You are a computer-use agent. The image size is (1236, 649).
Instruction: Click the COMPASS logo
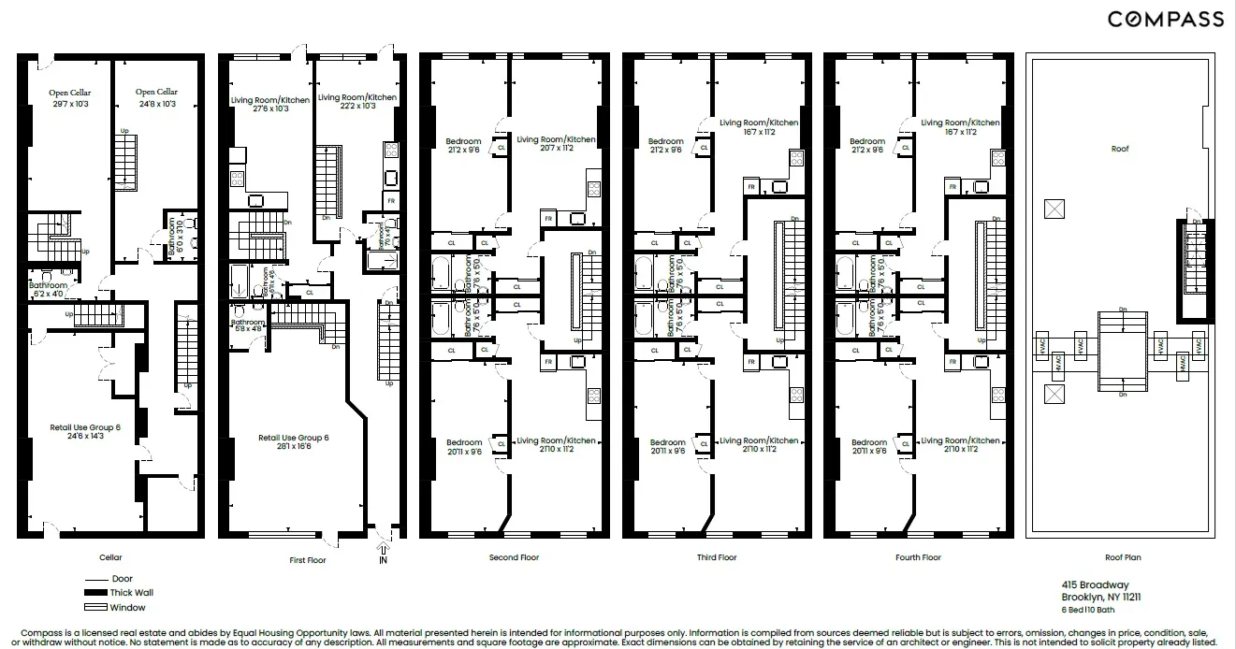point(1165,20)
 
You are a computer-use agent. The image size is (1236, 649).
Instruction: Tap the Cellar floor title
point(110,557)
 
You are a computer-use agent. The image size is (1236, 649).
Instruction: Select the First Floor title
point(312,557)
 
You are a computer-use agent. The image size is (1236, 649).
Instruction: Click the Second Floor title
point(514,557)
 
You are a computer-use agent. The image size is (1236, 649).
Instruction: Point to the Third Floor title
point(716,557)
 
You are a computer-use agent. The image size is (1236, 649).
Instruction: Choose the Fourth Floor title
point(918,557)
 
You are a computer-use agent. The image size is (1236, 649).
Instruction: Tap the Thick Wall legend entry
point(131,592)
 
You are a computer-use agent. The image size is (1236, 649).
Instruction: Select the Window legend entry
point(127,607)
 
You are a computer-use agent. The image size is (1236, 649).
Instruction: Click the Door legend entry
point(122,579)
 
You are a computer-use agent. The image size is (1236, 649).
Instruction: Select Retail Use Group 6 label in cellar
point(85,431)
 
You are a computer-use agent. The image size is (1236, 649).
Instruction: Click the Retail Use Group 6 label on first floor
point(293,441)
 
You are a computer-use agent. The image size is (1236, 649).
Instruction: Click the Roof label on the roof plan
point(1120,149)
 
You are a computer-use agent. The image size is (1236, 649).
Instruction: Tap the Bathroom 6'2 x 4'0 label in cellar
point(48,289)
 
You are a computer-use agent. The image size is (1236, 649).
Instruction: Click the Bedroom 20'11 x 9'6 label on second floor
point(463,447)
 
